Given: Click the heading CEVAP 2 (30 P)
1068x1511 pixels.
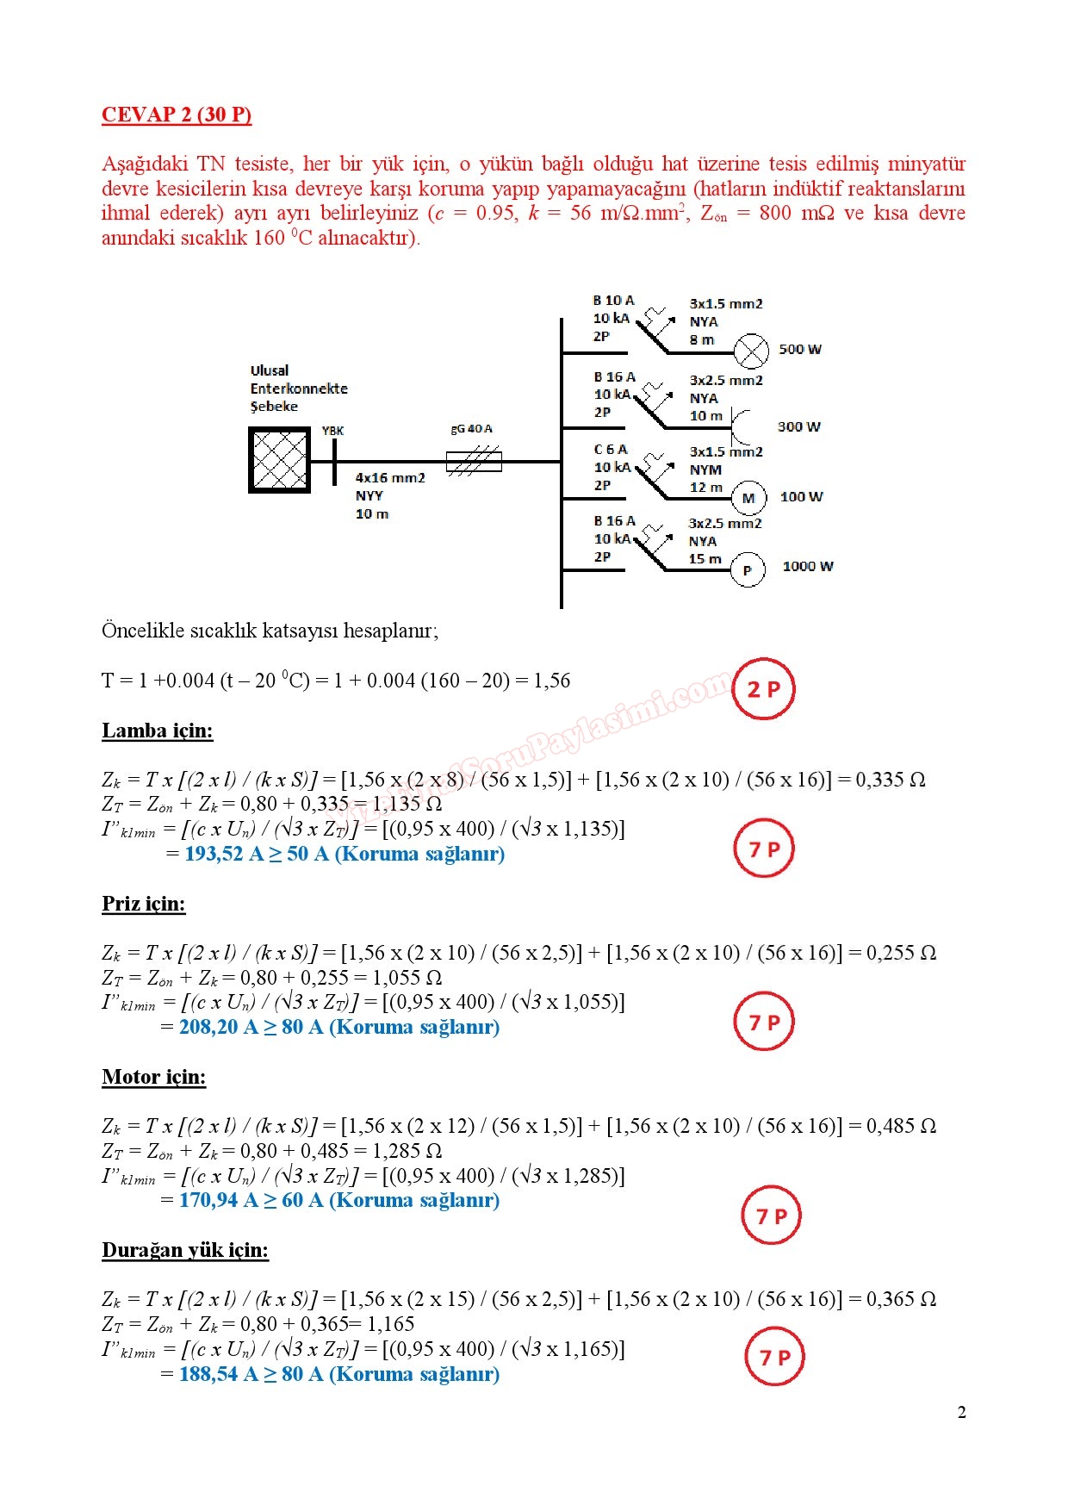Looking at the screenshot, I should click(177, 115).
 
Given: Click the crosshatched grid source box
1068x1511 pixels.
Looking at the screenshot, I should click(279, 461).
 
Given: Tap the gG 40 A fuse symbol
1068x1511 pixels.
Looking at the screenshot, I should click(474, 462).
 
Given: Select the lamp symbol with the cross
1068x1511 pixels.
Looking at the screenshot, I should click(751, 351).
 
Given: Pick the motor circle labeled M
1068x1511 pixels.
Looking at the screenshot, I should click(748, 498).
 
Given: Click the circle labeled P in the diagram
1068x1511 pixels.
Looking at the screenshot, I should click(748, 570).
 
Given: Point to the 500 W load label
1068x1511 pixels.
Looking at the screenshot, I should click(800, 349).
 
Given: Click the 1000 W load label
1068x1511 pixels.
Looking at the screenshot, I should click(808, 566).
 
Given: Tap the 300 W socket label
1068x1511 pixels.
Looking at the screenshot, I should click(799, 426).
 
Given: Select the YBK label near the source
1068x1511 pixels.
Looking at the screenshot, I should click(332, 431).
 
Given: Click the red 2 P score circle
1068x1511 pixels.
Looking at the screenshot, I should click(763, 689).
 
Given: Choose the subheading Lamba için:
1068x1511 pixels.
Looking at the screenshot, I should click(158, 731).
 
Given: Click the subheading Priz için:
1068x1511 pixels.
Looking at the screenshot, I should click(144, 904).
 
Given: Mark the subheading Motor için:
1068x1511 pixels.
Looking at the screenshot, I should click(154, 1077).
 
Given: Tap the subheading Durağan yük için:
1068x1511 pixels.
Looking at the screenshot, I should click(185, 1250).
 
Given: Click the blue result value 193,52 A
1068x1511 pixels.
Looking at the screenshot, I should click(224, 854).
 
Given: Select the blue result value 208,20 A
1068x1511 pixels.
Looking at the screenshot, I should click(219, 1027).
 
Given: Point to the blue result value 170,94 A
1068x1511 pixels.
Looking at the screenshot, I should click(219, 1200).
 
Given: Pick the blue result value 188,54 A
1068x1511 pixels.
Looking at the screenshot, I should click(219, 1374).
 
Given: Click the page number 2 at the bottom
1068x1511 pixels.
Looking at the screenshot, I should click(962, 1412).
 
